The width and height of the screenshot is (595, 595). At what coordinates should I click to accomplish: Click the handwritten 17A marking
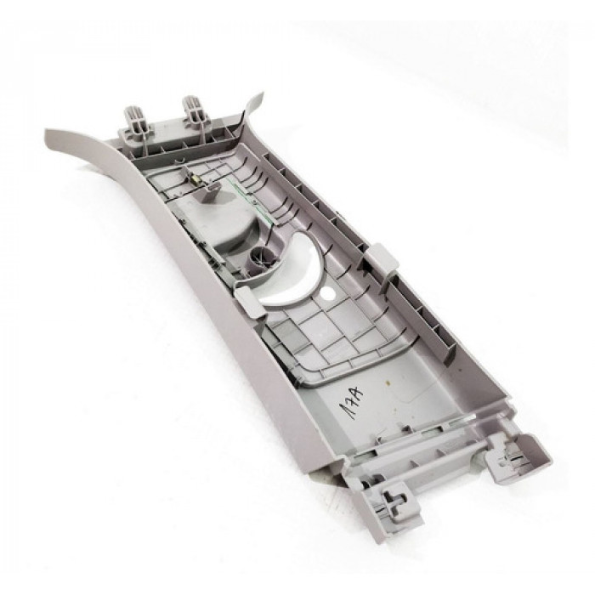pyautogui.click(x=350, y=400)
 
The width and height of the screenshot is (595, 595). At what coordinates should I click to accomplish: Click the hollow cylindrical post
pyautogui.click(x=262, y=258)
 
